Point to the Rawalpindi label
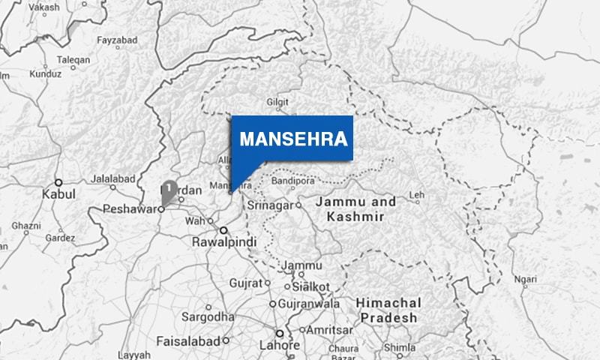(x=225, y=243)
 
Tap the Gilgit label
(x=277, y=102)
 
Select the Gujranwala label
(x=308, y=304)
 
